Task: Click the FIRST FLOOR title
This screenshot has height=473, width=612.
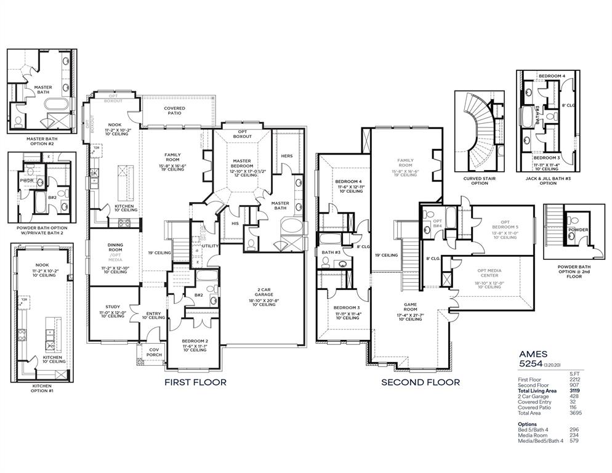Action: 195,382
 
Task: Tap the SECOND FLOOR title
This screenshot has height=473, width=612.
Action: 420,382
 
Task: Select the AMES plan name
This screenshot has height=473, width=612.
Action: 533,355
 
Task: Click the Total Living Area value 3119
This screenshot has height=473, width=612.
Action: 574,390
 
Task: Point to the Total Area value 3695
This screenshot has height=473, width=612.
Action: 574,413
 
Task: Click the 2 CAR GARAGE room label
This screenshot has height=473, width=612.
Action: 264,289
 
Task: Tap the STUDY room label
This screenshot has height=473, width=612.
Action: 113,307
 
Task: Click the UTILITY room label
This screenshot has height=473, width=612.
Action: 211,246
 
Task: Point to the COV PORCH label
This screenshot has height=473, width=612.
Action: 153,352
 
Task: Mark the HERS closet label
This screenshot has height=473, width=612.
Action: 286,156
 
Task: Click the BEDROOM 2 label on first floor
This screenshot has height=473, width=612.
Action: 195,341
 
